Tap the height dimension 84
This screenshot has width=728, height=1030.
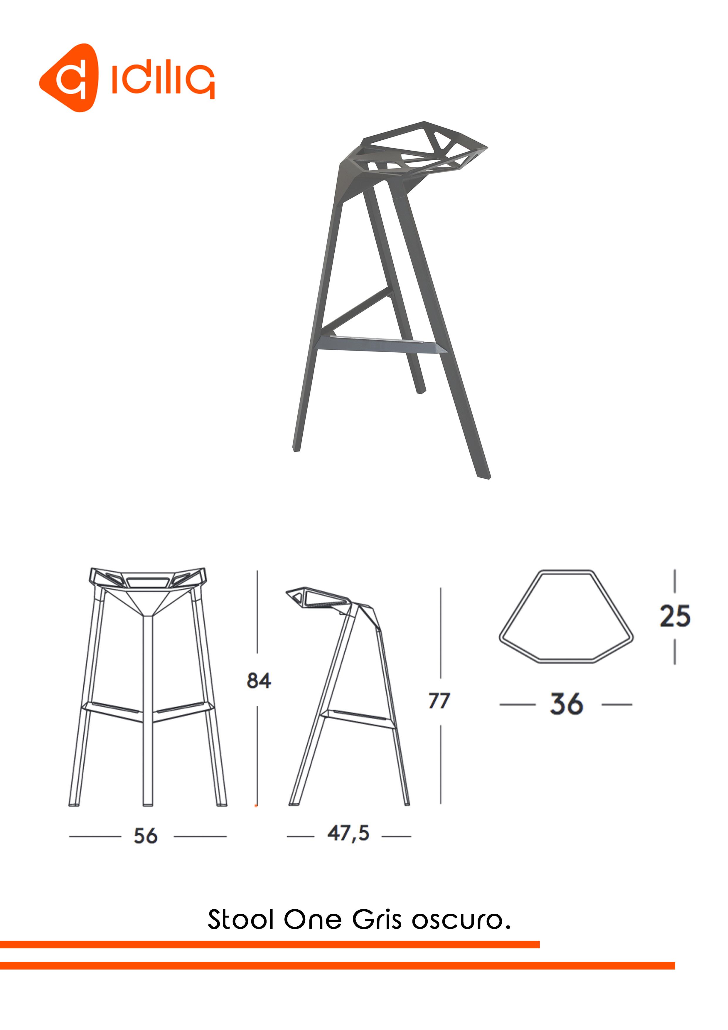259,681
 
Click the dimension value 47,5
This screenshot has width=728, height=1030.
348,834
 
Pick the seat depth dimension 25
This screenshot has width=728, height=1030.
675,616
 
